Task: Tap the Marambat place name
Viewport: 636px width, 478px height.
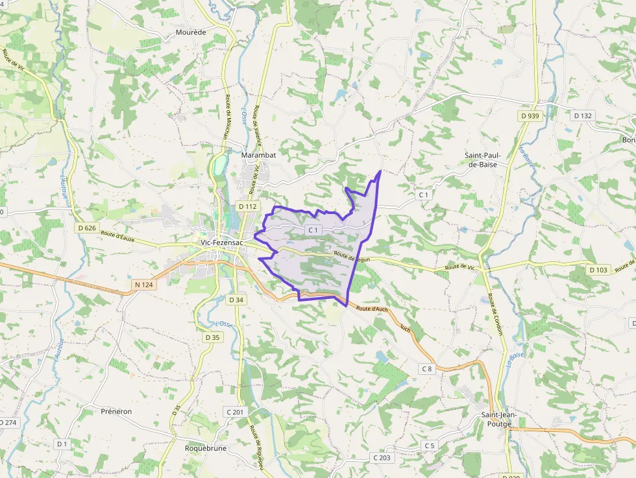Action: point(258,156)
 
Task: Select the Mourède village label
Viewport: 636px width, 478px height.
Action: point(191,32)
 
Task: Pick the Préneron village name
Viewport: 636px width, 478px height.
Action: point(116,411)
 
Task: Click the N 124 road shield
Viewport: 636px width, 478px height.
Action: point(144,284)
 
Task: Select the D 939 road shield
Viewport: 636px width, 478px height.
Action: point(530,115)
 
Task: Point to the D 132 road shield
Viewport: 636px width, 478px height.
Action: point(583,115)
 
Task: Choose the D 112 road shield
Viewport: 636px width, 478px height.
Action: point(248,206)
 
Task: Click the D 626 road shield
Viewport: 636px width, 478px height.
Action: point(86,228)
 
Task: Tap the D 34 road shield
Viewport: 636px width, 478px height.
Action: point(236,300)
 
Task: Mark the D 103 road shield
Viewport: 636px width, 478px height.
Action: point(599,269)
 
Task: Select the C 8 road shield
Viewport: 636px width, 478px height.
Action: point(426,369)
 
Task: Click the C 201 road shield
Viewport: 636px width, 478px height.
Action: point(235,412)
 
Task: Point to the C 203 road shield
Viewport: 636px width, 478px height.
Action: point(382,457)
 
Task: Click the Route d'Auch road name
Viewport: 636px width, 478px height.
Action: point(373,309)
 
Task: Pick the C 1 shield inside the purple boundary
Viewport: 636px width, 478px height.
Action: point(313,230)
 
